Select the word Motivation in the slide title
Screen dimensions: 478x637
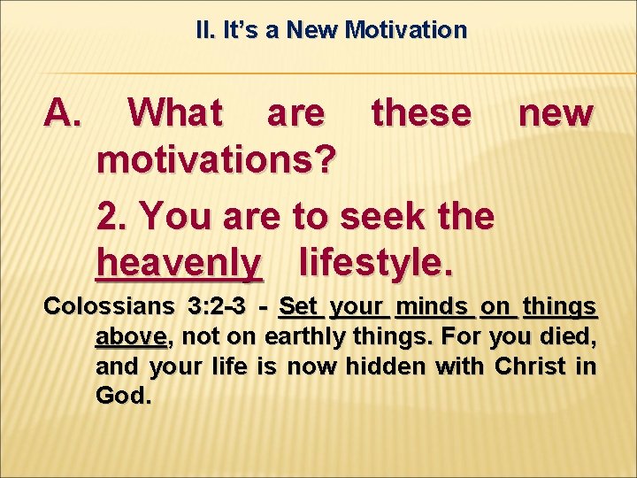tap(406, 30)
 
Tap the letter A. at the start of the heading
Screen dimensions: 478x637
tap(63, 112)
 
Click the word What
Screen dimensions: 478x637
tap(176, 112)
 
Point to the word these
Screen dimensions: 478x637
tap(422, 112)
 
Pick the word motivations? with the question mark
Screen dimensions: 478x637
tap(217, 161)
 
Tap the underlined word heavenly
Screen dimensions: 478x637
tap(180, 263)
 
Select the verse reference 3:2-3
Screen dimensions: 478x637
tap(216, 307)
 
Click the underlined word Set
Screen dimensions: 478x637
tap(298, 307)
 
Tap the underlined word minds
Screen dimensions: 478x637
tap(433, 307)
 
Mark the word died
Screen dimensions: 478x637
tap(572, 336)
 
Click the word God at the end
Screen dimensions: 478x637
tap(123, 395)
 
